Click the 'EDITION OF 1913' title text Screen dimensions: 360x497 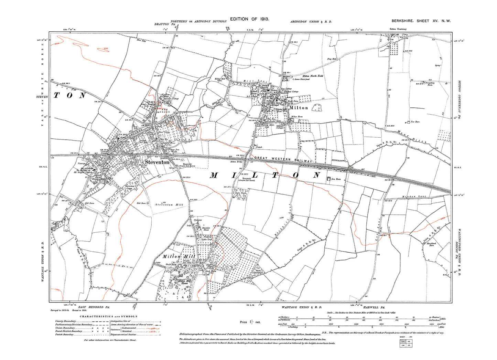coord(249,19)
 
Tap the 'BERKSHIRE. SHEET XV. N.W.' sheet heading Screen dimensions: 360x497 coord(421,21)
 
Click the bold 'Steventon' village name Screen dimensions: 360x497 coord(157,162)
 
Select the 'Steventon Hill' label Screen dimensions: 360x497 coord(170,205)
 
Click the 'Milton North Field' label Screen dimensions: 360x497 coord(313,76)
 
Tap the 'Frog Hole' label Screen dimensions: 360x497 coord(332,59)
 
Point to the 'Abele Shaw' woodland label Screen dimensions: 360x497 coord(240,193)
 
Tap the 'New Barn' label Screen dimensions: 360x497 coord(415,122)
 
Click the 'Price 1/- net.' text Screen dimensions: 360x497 coord(250,322)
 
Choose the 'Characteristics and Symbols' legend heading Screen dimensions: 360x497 coord(109,316)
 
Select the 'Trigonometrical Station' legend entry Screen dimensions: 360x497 coord(123,335)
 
